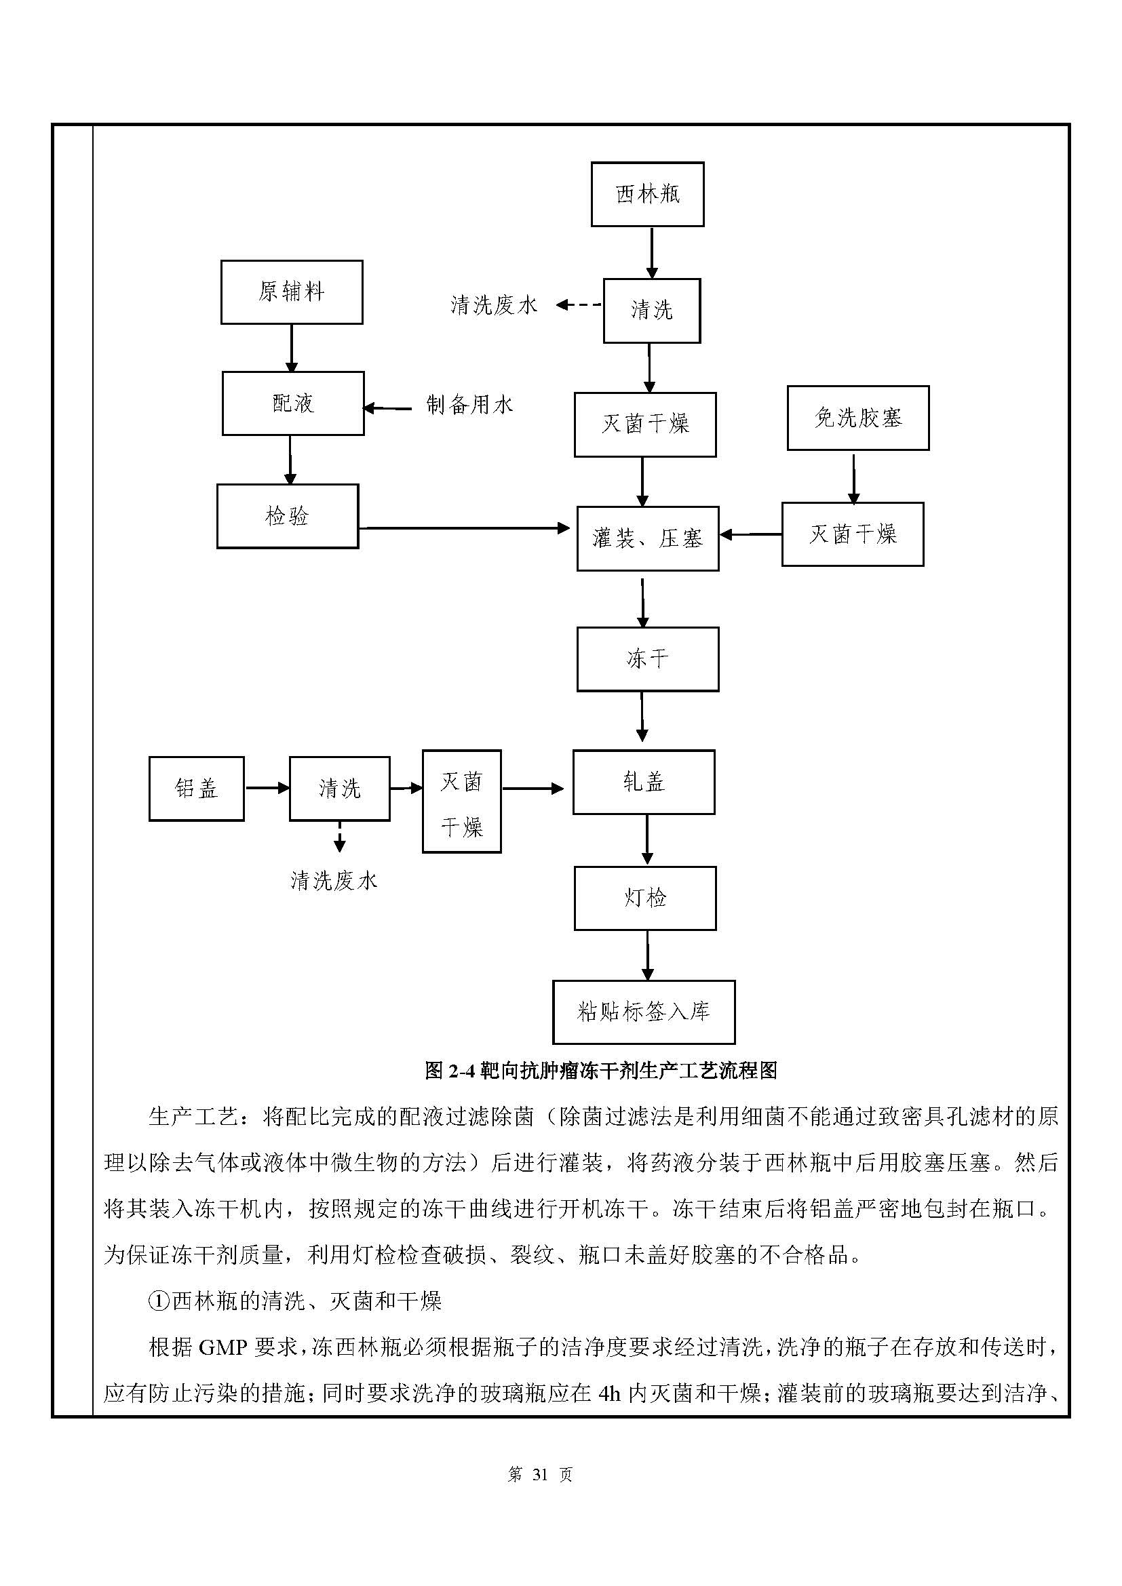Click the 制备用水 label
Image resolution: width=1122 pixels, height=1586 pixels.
[470, 405]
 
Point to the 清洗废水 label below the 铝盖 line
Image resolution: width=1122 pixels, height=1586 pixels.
[334, 881]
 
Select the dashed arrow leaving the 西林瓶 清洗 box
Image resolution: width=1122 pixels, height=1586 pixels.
[579, 304]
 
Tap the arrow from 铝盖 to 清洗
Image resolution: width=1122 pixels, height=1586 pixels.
[267, 787]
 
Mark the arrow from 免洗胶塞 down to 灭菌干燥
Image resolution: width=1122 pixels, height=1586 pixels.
[854, 479]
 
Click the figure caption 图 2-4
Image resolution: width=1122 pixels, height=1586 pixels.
[600, 1071]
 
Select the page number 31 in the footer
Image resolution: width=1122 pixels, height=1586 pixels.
[540, 1475]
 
